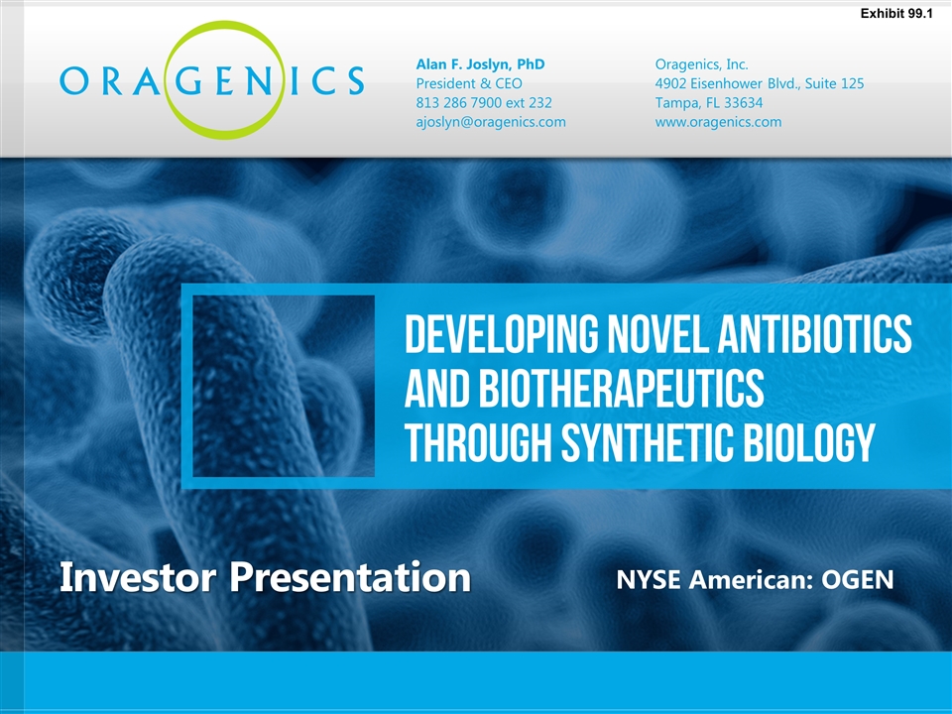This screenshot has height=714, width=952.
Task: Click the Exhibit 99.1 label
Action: (896, 13)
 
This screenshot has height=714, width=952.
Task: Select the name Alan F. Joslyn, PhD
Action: (480, 64)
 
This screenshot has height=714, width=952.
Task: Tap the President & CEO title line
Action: (469, 83)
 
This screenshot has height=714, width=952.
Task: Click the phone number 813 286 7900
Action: (464, 103)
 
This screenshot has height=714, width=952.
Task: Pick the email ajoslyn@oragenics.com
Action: (491, 122)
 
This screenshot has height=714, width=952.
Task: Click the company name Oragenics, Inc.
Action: (701, 64)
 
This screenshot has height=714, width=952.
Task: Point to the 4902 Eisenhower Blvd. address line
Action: (760, 83)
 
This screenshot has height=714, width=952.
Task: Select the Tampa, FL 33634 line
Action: (708, 103)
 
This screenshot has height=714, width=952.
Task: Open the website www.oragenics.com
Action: (718, 122)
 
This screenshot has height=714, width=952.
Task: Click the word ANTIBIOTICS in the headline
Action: (815, 333)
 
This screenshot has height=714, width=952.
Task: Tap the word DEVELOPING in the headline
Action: (501, 333)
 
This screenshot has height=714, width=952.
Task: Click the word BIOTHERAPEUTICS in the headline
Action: (621, 388)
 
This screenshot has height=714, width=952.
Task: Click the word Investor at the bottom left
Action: (138, 577)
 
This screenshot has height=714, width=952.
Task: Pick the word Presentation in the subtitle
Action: (350, 578)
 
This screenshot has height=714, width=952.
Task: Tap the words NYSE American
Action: (712, 580)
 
